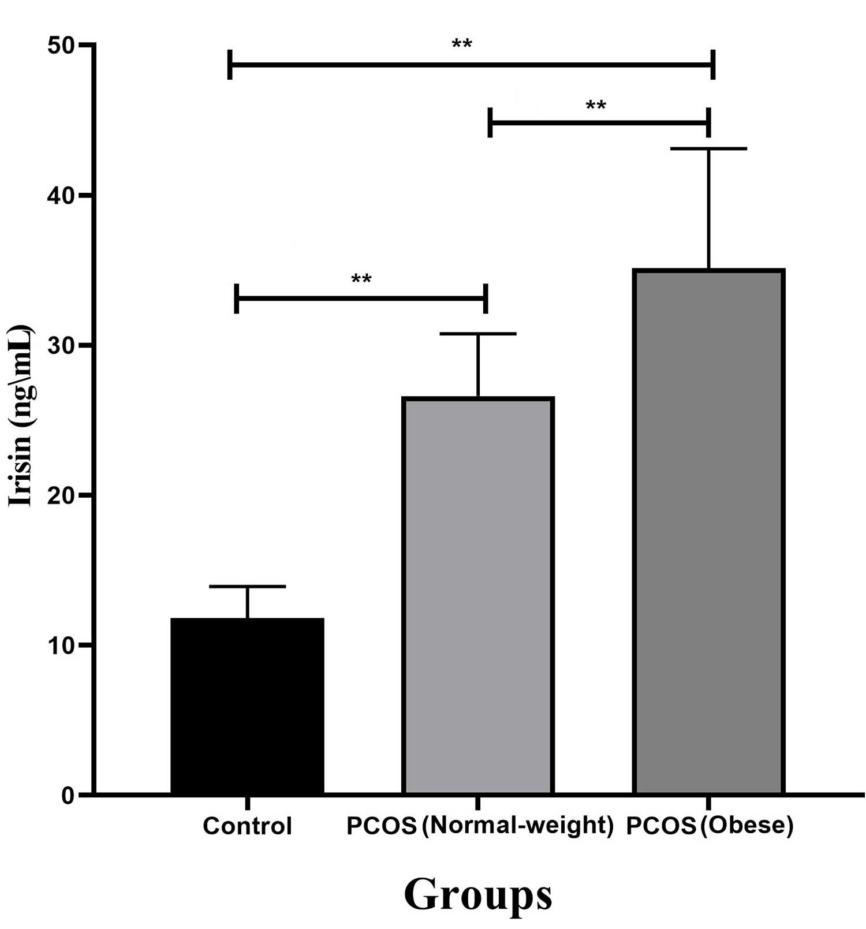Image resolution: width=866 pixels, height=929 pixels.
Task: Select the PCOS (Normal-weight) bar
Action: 477,595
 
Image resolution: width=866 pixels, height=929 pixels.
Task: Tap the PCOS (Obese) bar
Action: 708,531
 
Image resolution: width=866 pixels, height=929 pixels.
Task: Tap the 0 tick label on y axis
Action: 68,795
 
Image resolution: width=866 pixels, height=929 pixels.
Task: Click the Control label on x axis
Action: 247,826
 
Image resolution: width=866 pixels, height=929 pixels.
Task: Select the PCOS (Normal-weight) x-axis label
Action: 480,826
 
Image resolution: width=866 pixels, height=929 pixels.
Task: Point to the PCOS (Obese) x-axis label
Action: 710,826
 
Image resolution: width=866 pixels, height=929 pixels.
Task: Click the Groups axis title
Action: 478,894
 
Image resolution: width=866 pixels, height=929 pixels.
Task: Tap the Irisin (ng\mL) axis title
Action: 21,416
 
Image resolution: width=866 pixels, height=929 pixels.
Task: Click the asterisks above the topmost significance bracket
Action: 462,44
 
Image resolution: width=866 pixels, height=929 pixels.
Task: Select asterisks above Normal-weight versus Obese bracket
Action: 596,106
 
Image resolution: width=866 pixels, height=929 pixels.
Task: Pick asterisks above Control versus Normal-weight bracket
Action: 361,279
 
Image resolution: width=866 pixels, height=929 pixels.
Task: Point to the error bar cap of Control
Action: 247,587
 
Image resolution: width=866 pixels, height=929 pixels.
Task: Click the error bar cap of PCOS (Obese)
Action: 708,149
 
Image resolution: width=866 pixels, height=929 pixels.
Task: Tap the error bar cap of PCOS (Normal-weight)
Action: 478,334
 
